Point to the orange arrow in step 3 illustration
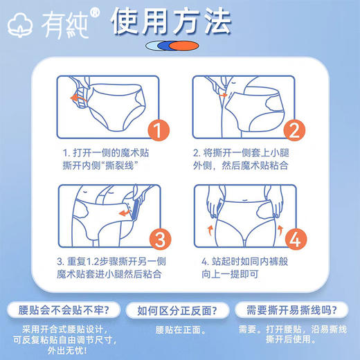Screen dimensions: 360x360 click(x=123, y=215)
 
